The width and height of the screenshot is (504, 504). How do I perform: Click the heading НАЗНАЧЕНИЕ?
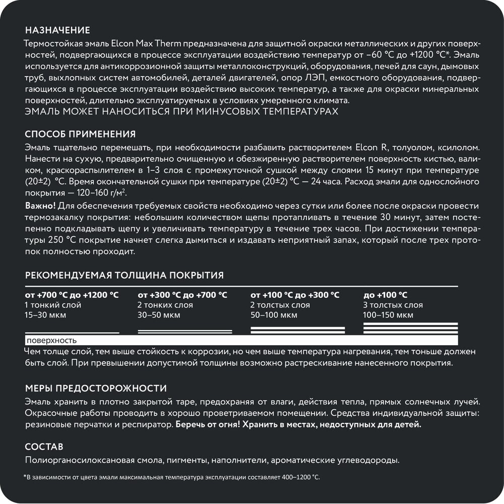(57, 30)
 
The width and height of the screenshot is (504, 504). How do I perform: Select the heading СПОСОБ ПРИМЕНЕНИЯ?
(80, 134)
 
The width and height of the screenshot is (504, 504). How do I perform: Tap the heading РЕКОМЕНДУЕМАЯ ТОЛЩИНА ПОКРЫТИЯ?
(124, 275)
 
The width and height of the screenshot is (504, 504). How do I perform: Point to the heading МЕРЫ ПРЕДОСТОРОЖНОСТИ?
(95, 388)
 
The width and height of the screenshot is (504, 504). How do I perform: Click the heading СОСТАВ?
(44, 447)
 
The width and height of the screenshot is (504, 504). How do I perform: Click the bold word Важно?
(41, 207)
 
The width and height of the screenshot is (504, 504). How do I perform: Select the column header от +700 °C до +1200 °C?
(72, 295)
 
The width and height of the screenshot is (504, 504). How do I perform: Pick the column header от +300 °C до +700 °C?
(182, 295)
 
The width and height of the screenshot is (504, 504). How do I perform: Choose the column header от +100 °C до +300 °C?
(295, 295)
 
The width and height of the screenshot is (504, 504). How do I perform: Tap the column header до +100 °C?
(385, 295)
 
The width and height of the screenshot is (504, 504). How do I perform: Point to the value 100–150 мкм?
(388, 316)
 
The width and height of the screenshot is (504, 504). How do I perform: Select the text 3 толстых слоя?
(393, 305)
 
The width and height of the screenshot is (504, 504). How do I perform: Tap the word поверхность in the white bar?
(52, 340)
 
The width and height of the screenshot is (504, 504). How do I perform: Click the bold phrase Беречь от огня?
(208, 425)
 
